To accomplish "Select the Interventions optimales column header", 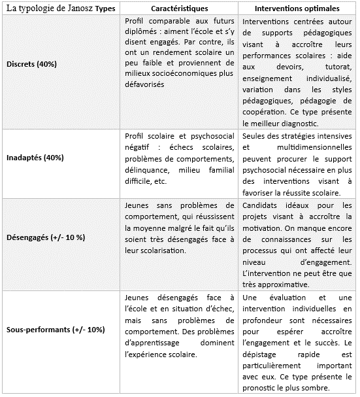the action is pos(298,10).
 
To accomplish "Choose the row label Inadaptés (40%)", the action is pos(33,160).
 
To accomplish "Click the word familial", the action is pos(217,170).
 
